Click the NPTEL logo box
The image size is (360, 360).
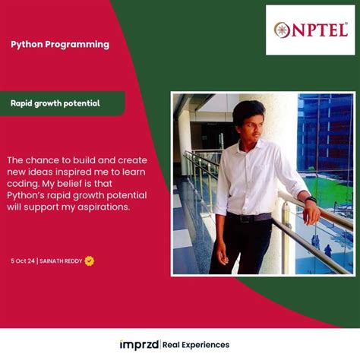click(310, 30)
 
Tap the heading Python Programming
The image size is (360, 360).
click(60, 44)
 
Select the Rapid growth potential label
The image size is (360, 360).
click(55, 103)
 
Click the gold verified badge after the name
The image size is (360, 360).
click(90, 261)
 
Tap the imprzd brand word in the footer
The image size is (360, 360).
click(139, 345)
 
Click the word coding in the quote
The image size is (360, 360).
click(26, 184)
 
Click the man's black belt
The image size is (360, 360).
click(248, 217)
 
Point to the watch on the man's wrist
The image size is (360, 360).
click(310, 199)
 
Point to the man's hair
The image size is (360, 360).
click(249, 109)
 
